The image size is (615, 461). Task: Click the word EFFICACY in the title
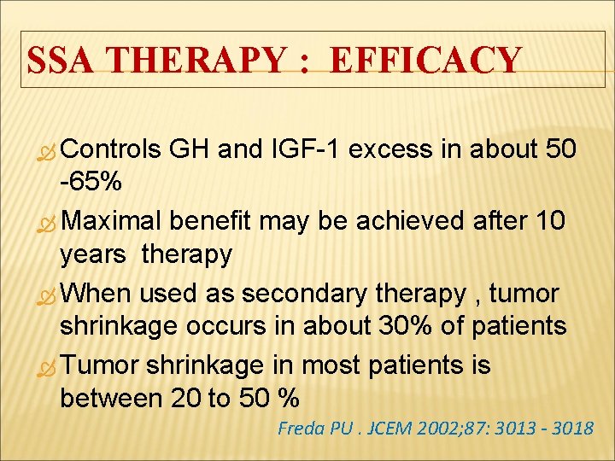point(425,61)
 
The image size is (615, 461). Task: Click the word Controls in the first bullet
point(111,150)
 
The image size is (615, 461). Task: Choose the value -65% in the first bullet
point(91,183)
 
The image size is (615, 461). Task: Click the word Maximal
point(112,222)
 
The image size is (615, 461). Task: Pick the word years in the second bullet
point(97,254)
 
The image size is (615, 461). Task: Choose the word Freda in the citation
point(300,428)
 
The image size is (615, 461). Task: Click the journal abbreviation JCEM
point(388,428)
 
